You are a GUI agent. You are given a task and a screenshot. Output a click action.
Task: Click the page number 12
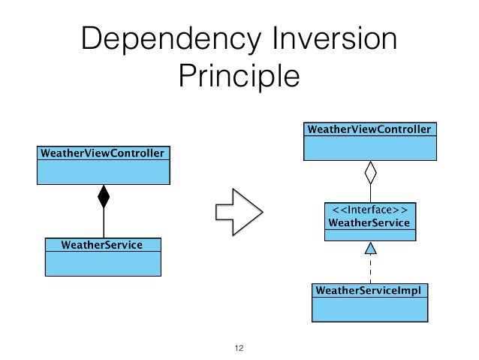click(x=239, y=348)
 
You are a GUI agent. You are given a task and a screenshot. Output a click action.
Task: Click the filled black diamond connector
click(x=104, y=197)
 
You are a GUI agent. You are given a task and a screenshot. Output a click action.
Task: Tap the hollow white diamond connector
click(x=369, y=175)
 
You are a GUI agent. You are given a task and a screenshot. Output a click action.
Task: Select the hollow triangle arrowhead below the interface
click(x=369, y=249)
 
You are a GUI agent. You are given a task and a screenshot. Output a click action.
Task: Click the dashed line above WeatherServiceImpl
click(x=369, y=268)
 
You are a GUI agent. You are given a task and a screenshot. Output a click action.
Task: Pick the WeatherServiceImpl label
click(x=369, y=289)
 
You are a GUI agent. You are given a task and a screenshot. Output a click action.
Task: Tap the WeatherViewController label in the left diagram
click(x=102, y=153)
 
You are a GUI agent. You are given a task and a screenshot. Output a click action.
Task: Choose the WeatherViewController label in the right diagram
click(x=369, y=129)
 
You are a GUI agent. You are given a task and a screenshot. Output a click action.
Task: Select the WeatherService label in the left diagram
click(x=103, y=244)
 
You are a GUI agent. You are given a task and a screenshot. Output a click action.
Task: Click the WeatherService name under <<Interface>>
click(x=369, y=223)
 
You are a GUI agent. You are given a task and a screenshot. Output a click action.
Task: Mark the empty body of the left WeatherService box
click(x=103, y=264)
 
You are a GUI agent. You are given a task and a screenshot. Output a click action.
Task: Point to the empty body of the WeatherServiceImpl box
click(x=369, y=308)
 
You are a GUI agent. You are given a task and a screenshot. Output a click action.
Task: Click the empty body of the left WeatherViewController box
click(x=102, y=172)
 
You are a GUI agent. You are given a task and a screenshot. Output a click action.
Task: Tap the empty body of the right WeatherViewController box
click(x=369, y=148)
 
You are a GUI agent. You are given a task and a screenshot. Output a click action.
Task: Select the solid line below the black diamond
click(x=104, y=222)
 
